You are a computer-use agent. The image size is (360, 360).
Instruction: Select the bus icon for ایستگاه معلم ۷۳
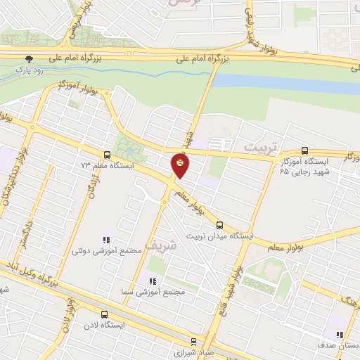coord(107,155)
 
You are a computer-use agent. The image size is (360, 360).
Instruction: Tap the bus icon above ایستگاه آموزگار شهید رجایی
coord(304,150)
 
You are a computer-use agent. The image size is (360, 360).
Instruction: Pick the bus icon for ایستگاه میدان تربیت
coord(219,225)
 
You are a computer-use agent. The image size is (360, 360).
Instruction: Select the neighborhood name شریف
coord(157,244)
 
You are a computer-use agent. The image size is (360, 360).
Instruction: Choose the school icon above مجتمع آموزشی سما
coord(152,281)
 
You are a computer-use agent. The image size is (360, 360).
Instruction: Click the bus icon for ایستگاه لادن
coord(104,314)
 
